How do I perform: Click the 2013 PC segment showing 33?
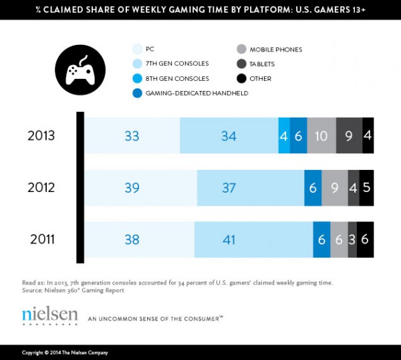coord(132,135)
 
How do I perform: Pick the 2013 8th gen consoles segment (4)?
coord(284,135)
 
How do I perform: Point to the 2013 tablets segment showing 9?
coord(348,135)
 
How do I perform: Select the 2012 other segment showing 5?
coord(366,188)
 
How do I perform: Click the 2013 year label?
coord(41,134)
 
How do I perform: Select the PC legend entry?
coord(148,48)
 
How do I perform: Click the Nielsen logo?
coord(49,315)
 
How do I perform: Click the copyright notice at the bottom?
coord(65,353)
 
